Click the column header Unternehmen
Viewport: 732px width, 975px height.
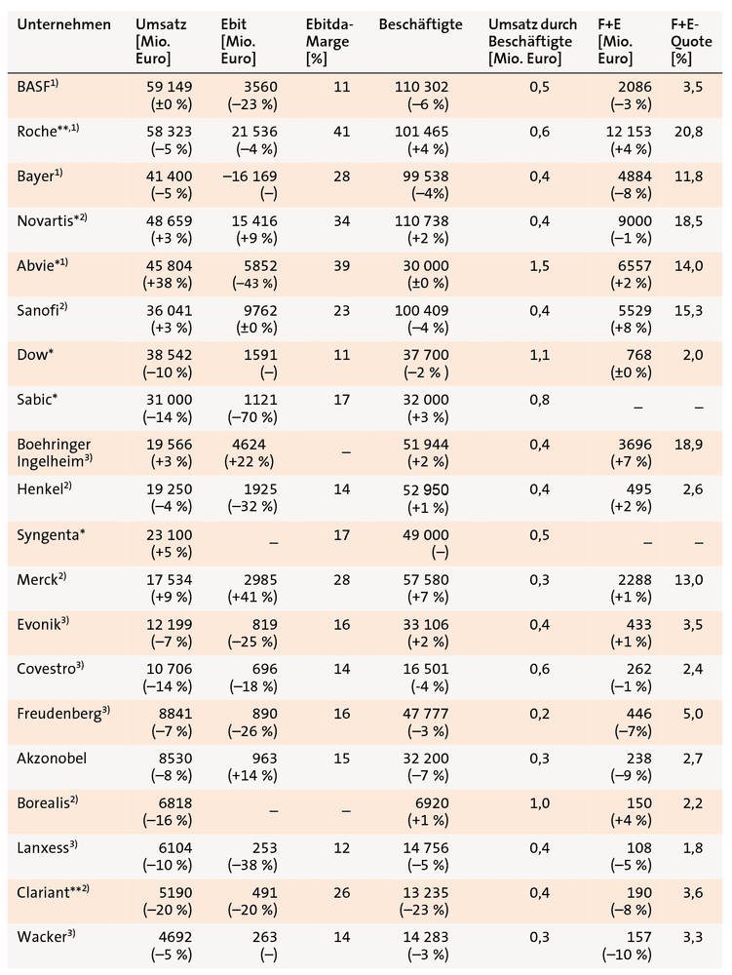(x=64, y=25)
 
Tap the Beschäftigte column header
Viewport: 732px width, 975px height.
(x=421, y=25)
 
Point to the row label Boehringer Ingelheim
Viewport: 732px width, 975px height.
(x=54, y=452)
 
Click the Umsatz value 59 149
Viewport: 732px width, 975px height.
(x=169, y=87)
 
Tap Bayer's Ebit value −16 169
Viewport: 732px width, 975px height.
(x=250, y=176)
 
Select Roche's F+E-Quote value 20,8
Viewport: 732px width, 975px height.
(x=688, y=132)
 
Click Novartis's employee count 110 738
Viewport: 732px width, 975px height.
(x=421, y=221)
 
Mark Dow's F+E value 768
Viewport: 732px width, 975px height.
(x=638, y=355)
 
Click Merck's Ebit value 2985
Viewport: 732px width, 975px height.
(x=260, y=580)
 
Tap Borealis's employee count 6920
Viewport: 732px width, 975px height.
(x=432, y=803)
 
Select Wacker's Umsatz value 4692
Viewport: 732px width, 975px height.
(x=175, y=937)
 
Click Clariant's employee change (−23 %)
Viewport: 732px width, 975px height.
(x=424, y=910)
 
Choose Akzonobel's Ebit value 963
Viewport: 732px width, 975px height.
(x=265, y=759)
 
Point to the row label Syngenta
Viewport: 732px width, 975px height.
(x=51, y=535)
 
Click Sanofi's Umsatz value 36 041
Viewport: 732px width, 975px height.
(x=169, y=310)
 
